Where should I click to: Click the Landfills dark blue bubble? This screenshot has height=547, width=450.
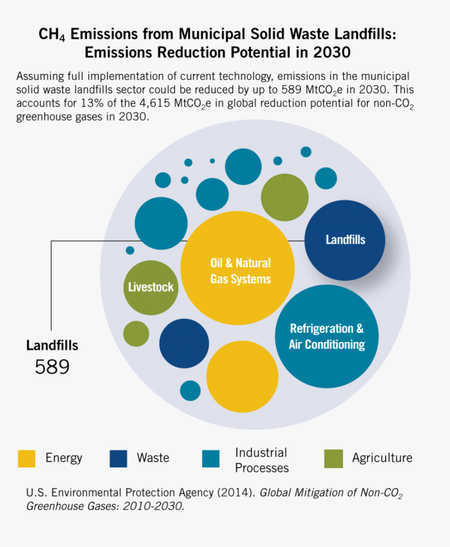tap(345, 240)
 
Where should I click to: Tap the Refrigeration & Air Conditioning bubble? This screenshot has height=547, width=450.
tap(327, 336)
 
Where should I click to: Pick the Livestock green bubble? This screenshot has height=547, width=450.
tap(151, 287)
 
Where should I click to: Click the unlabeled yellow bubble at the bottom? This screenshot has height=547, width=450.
tap(242, 377)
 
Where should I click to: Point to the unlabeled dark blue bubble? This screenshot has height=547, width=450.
tap(184, 344)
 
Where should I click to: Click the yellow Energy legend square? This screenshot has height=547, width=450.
tap(27, 459)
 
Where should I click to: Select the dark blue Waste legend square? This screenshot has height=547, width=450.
tap(118, 459)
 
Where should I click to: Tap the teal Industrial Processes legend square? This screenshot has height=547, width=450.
tap(211, 459)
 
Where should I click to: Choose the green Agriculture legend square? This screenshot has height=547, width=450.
tap(333, 459)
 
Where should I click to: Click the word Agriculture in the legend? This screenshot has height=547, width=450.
tap(382, 458)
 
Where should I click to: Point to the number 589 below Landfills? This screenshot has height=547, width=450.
tap(52, 367)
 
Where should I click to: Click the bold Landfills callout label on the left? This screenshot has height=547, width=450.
tap(52, 345)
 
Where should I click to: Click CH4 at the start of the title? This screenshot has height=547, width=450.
tap(52, 35)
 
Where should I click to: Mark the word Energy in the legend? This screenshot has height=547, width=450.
tap(64, 458)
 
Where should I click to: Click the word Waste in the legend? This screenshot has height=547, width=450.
tap(153, 458)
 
